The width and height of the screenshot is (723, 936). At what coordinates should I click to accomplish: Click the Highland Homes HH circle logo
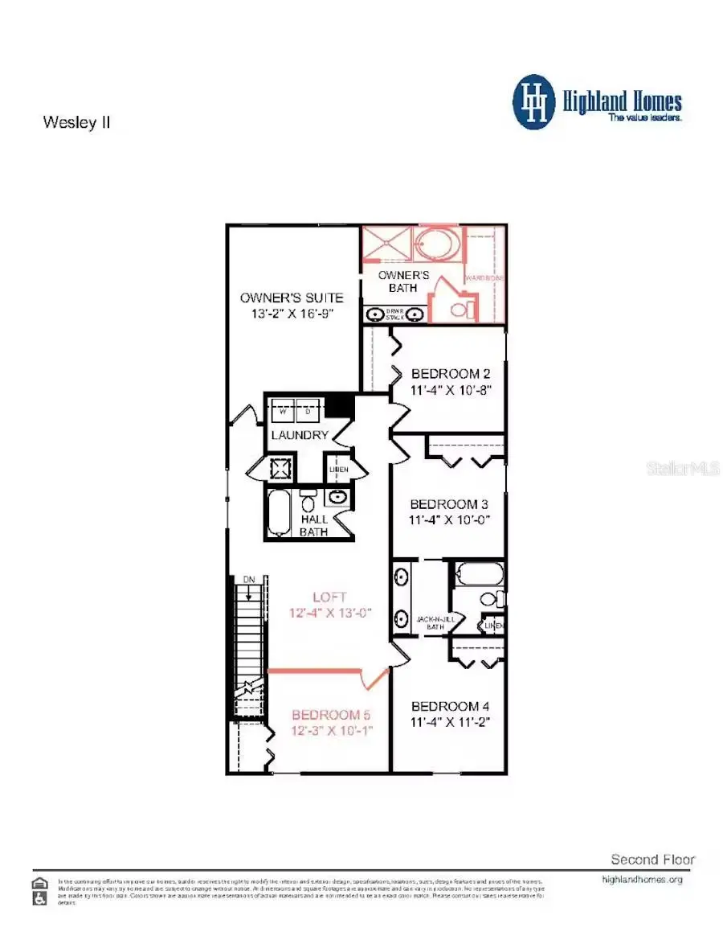534,102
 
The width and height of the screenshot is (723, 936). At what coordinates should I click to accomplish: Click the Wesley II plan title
76,123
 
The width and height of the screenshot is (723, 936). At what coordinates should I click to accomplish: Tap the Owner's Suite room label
292,298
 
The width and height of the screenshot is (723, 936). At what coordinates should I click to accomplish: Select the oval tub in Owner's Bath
438,244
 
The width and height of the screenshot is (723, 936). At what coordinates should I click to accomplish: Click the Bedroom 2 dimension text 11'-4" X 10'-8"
451,390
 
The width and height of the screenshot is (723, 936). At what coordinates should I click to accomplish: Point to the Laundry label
299,435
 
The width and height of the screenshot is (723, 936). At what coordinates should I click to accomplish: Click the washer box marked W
282,411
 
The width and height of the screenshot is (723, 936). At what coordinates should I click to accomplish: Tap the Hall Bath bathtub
280,513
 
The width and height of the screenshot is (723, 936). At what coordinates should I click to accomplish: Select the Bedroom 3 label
449,504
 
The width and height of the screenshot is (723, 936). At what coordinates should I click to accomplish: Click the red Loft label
329,597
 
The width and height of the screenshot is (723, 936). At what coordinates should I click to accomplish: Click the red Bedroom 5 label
331,715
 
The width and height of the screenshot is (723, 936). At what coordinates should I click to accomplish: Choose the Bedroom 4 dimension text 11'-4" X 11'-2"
451,722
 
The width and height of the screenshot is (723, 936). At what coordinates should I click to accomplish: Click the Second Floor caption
652,859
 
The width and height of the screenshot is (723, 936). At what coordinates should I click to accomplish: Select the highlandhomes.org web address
642,880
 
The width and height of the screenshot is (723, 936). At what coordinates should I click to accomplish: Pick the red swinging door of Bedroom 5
374,679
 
